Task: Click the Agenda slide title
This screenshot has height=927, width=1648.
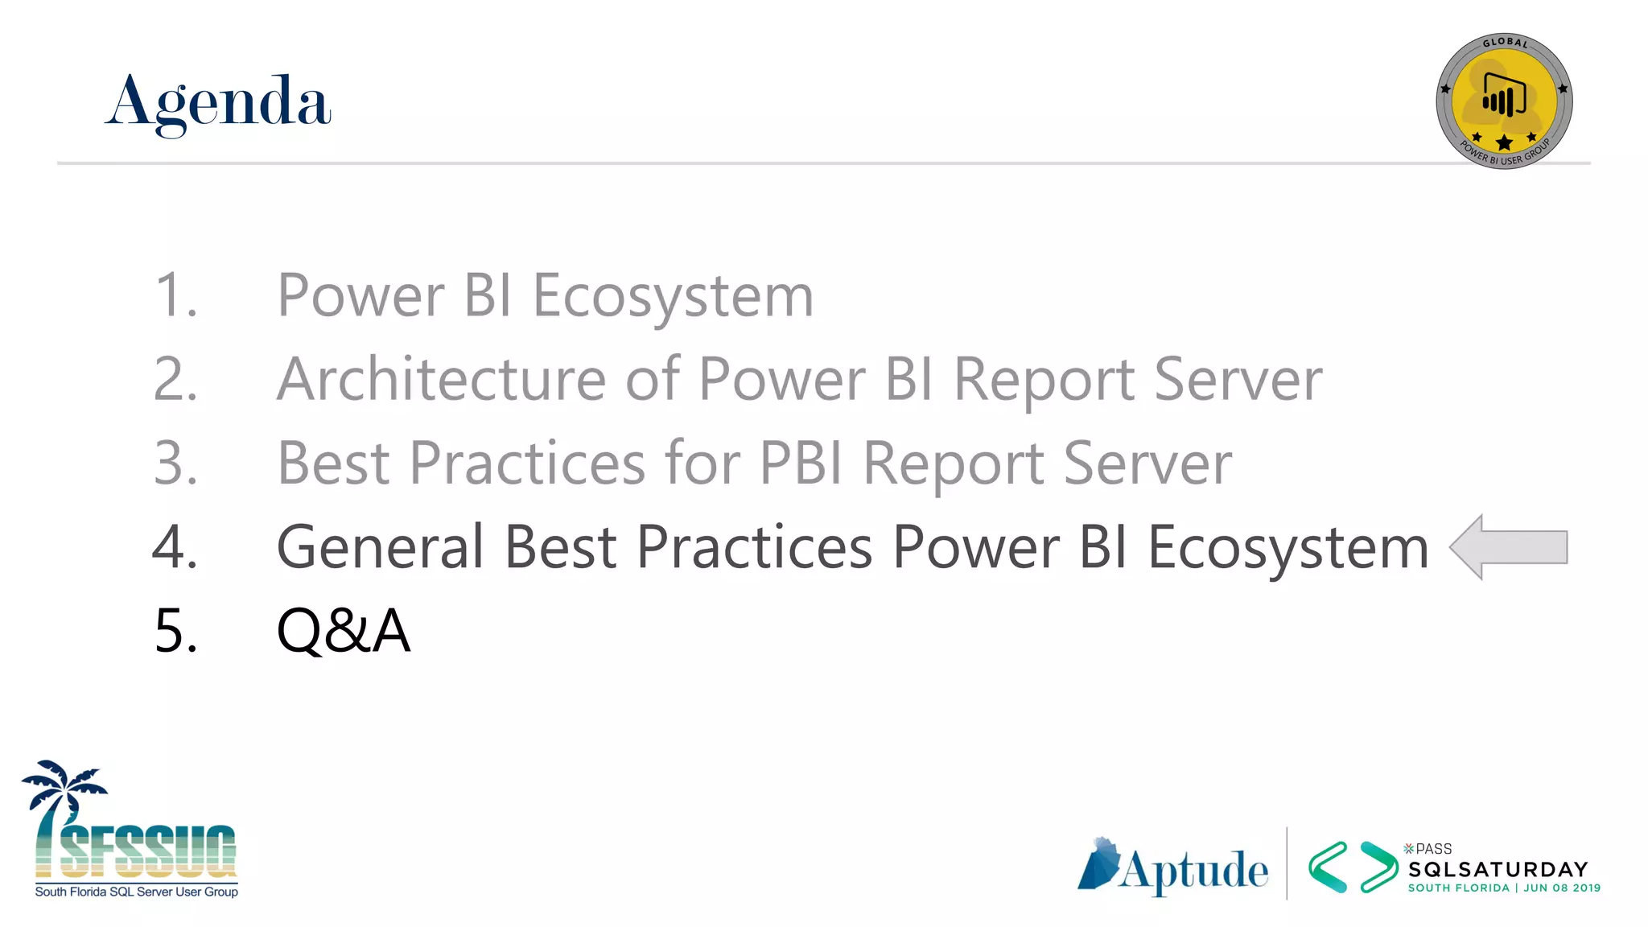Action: coord(218,103)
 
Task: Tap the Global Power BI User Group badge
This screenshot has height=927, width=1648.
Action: coord(1503,101)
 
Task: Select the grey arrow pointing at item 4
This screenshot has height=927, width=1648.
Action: coord(1508,547)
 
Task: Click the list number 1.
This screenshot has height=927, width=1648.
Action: coord(175,296)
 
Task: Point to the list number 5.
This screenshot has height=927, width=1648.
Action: coord(175,631)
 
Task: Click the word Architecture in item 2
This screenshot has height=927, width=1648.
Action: coord(441,379)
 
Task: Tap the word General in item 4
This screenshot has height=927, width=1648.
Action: coord(380,547)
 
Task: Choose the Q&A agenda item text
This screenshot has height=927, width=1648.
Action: coord(344,631)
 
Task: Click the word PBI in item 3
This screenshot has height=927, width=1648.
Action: coord(801,463)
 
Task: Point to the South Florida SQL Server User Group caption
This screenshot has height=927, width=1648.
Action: coord(137,892)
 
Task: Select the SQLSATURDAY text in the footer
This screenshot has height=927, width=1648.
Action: coord(1498,870)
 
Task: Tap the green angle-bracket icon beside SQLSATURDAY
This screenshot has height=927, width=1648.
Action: coord(1353,867)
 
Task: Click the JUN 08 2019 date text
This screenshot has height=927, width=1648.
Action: coord(1562,888)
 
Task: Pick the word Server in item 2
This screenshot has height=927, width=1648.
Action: coord(1238,379)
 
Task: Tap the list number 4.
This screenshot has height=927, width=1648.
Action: coord(175,547)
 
